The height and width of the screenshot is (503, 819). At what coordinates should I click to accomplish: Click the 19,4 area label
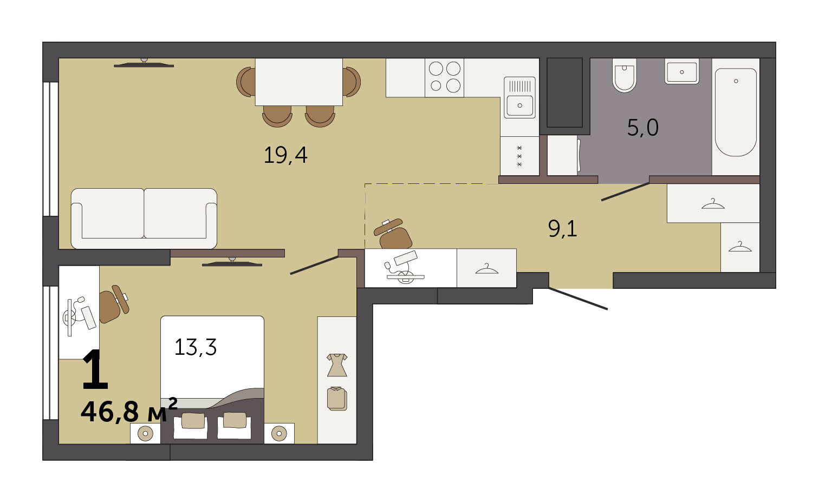tap(285, 155)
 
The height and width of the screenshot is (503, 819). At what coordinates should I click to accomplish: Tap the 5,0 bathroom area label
tap(643, 128)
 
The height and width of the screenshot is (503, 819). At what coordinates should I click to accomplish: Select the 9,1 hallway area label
tap(562, 229)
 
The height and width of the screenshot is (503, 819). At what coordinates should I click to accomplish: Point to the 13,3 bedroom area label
tap(196, 347)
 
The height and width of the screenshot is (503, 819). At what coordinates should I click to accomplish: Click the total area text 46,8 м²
tap(129, 411)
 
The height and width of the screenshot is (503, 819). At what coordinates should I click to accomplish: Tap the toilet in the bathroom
tap(625, 75)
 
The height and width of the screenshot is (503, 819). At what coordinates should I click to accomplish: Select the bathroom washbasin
tap(682, 71)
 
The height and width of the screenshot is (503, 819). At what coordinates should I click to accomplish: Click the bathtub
tap(736, 112)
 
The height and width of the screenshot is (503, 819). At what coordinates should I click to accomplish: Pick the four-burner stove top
tap(444, 78)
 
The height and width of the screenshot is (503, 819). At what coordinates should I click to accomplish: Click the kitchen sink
tap(519, 97)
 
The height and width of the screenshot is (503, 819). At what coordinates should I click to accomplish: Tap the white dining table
tap(298, 82)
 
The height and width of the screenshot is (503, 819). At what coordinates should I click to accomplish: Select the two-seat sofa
tap(144, 219)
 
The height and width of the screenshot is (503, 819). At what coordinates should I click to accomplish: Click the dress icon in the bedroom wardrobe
tap(337, 365)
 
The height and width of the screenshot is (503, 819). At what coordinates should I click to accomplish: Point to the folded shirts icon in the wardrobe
tap(337, 399)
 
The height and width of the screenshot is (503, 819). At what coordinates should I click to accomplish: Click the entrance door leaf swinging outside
tap(578, 299)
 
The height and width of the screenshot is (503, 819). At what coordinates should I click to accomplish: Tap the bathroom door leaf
tap(625, 191)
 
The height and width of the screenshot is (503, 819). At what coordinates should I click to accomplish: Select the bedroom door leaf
tap(314, 265)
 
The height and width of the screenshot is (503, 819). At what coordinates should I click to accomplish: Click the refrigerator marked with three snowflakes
tap(519, 156)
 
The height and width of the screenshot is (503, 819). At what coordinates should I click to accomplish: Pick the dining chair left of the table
tap(246, 82)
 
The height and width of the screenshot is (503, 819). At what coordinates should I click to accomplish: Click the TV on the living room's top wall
tap(144, 63)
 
